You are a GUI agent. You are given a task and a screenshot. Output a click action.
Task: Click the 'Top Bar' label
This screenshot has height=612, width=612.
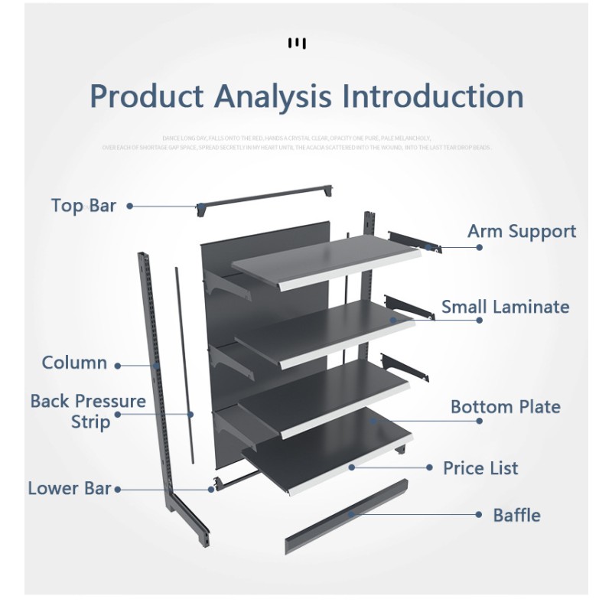[x=84, y=206]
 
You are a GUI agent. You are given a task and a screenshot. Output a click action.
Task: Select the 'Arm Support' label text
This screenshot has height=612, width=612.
[x=522, y=232]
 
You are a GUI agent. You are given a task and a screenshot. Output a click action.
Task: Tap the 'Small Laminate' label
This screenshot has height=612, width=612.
[x=505, y=307]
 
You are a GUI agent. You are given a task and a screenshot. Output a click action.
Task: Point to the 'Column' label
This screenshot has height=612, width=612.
[x=74, y=363]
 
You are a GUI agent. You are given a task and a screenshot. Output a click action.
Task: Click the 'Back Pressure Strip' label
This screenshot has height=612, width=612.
[x=88, y=411]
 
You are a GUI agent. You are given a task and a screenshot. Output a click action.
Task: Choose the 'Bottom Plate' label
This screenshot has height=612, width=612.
[x=505, y=406]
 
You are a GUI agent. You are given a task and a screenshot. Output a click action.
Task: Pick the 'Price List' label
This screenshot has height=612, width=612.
[x=480, y=467]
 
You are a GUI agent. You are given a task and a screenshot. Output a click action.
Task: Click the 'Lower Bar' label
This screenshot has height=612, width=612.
[x=70, y=488]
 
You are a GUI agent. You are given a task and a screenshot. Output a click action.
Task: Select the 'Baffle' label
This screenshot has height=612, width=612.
[x=516, y=515]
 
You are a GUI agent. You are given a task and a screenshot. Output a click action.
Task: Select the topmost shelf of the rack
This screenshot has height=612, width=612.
[x=325, y=260]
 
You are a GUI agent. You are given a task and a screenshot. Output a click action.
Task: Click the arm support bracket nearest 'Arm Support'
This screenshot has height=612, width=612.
[x=413, y=240]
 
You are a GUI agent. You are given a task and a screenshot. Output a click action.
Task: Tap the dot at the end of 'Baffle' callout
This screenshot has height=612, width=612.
[x=480, y=515]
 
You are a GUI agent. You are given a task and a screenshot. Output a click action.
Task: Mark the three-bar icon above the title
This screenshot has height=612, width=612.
[x=297, y=42]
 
